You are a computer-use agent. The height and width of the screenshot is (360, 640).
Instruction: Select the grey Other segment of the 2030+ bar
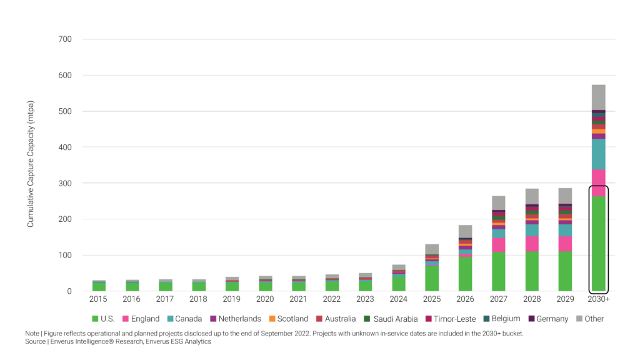click(598, 97)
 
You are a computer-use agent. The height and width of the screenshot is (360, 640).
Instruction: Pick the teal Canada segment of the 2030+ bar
click(598, 154)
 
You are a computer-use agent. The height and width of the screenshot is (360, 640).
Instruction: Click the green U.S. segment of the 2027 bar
click(498, 272)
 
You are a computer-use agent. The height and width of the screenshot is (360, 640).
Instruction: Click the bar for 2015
click(99, 286)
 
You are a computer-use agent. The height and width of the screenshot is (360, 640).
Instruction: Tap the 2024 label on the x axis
click(398, 299)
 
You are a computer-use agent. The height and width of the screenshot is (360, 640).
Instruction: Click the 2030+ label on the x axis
click(598, 299)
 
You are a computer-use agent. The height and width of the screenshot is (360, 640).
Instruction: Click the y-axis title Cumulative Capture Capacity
click(31, 163)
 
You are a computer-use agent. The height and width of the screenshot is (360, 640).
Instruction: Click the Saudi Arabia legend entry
click(391, 319)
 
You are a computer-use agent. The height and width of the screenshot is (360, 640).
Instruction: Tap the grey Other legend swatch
click(579, 319)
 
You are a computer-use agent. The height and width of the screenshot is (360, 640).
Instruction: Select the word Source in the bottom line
click(36, 341)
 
